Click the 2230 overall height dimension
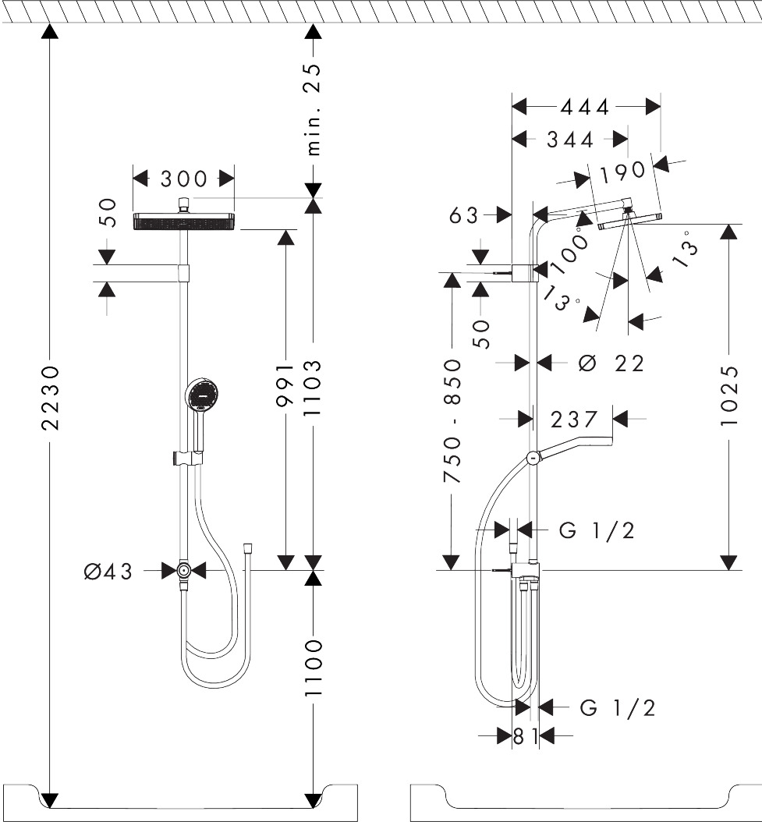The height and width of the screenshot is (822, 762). (51, 398)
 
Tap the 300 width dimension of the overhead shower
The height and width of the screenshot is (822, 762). (183, 179)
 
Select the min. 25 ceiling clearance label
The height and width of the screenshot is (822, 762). (313, 109)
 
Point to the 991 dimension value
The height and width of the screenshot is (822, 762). (285, 384)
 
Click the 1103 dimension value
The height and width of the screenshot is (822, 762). (313, 388)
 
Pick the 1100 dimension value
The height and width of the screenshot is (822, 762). (313, 668)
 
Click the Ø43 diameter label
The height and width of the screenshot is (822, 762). (108, 571)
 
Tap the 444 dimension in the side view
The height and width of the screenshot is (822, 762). (585, 107)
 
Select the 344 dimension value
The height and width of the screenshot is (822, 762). (570, 140)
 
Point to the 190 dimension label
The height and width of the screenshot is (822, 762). (622, 172)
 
